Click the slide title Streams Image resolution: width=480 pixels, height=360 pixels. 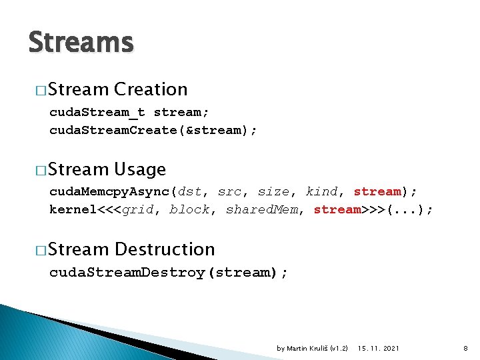81,42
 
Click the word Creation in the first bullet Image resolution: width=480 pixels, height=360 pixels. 151,89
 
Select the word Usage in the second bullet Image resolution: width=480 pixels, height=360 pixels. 140,169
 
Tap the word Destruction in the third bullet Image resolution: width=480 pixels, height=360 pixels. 165,249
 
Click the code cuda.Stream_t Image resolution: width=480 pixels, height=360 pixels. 97,112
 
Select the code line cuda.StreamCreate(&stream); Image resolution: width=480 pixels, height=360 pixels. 153,130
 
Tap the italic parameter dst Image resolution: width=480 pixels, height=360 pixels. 189,192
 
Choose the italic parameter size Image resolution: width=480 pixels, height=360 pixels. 273,192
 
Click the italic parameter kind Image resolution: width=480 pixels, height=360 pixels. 321,192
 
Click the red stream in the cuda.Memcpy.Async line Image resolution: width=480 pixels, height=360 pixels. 377,192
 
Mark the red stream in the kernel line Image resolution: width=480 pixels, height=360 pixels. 337,210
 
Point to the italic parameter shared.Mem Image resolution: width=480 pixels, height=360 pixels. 261,210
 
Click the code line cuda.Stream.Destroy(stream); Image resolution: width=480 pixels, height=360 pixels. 169,273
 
